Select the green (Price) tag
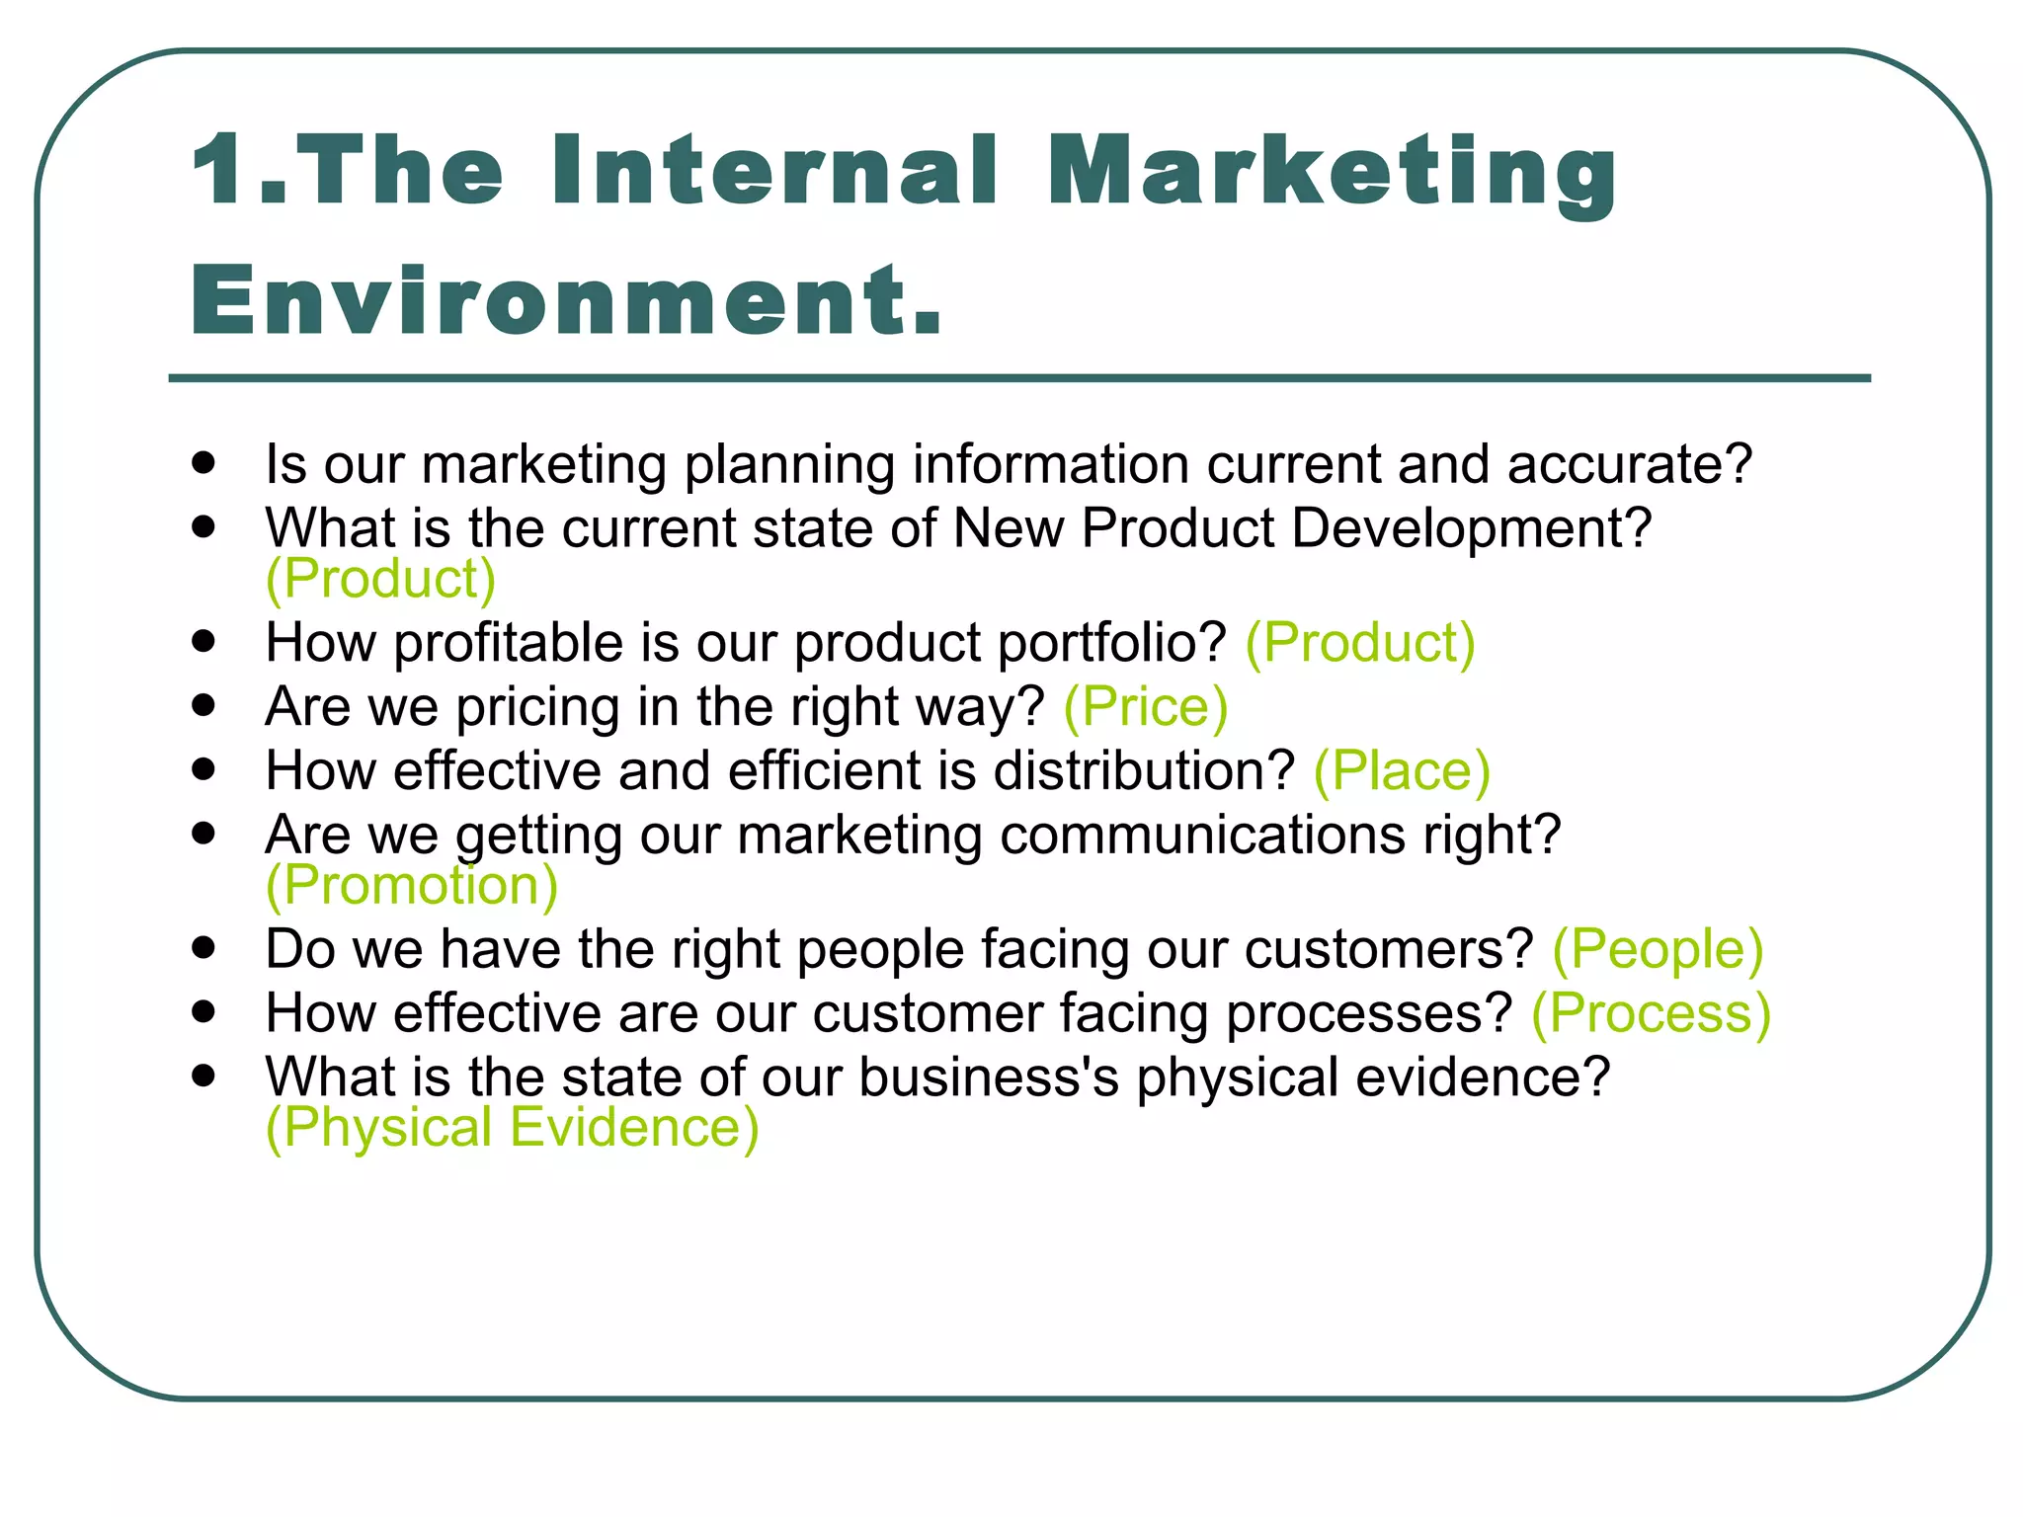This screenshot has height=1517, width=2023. tap(1145, 707)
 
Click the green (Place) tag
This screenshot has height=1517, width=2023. tap(1401, 771)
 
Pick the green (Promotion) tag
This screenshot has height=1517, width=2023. tap(411, 885)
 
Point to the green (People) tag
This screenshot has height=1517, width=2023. tap(1657, 949)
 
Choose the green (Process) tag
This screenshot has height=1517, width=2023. tap(1650, 1013)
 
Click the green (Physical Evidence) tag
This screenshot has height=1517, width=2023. tap(512, 1128)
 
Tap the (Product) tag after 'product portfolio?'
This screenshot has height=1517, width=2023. tap(1359, 643)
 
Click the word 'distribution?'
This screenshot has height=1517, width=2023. tap(1143, 771)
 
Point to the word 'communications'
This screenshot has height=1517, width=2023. tap(1202, 836)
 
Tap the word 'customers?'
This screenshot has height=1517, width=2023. tap(1388, 949)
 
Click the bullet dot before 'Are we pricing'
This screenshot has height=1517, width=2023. tap(204, 705)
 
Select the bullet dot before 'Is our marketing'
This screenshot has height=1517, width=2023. tap(204, 462)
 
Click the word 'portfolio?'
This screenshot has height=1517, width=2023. tap(1111, 644)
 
